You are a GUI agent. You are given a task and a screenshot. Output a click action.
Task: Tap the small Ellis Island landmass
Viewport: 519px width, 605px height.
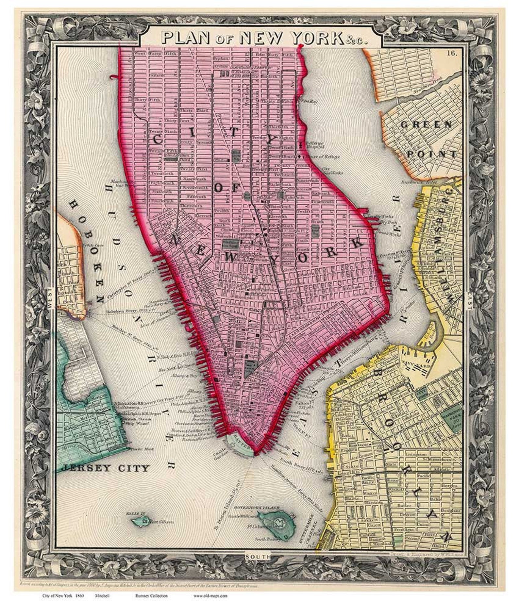[x=141, y=521]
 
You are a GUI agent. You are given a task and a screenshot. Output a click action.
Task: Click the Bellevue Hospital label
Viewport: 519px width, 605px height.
[x=315, y=145]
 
